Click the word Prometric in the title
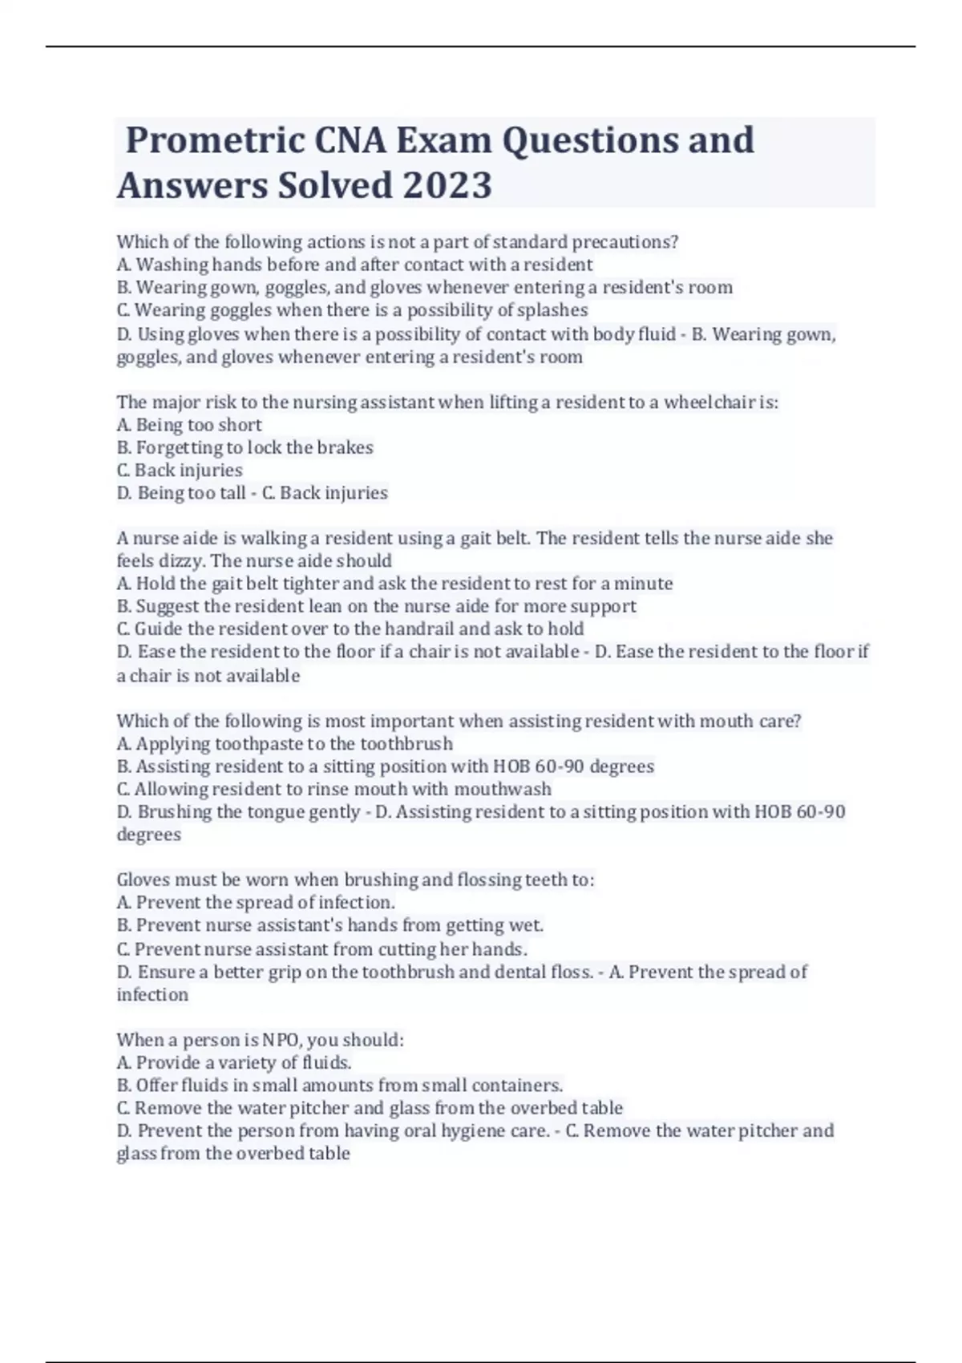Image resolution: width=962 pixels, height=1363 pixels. (x=214, y=141)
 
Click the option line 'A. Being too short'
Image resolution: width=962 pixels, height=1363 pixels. (x=190, y=425)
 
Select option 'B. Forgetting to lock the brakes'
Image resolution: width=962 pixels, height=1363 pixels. (x=245, y=447)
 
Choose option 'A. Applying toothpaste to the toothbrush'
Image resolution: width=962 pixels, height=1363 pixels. (x=285, y=744)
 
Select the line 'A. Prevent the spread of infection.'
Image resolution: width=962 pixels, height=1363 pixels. (x=256, y=903)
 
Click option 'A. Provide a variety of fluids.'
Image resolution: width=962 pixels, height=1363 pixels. (x=234, y=1063)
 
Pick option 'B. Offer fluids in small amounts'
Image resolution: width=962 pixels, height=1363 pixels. (x=340, y=1086)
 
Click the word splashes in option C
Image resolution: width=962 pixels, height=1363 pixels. (x=552, y=310)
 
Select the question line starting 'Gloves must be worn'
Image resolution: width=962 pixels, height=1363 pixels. (x=355, y=880)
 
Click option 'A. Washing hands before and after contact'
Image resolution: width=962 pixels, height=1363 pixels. (x=355, y=265)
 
